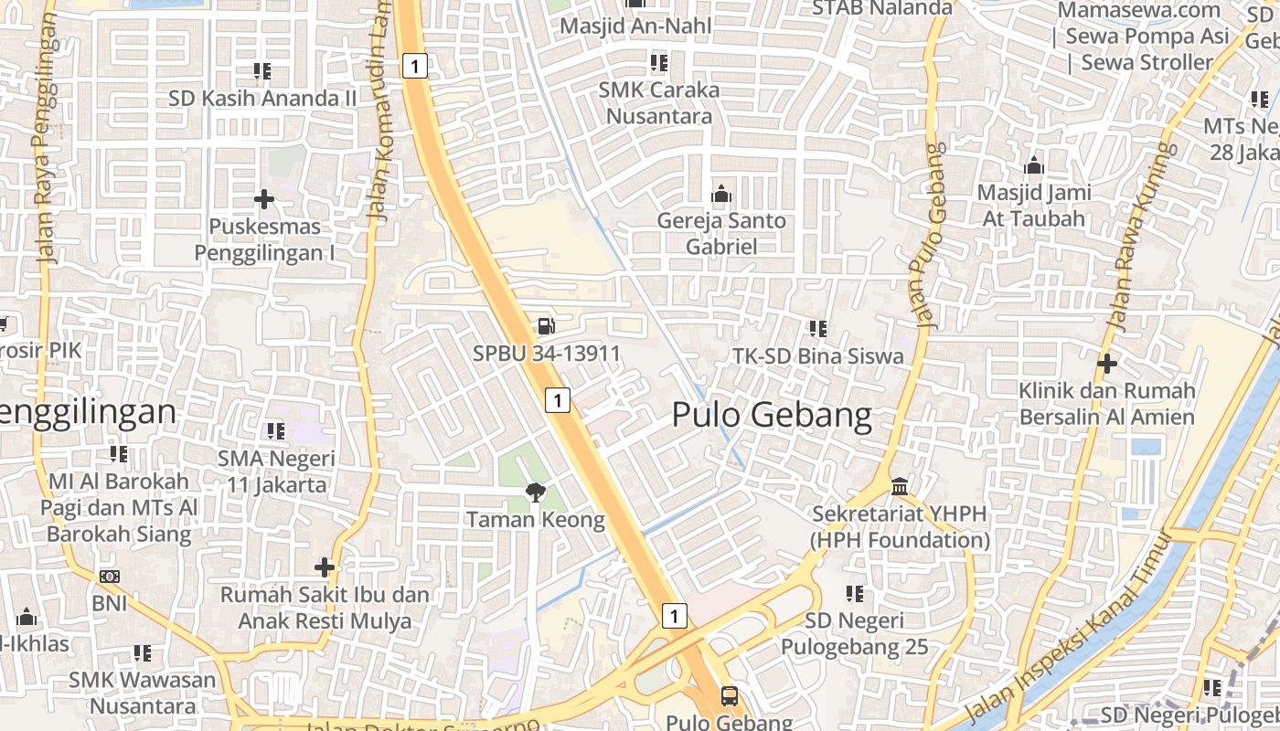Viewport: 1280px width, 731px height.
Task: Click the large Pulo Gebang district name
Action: [772, 415]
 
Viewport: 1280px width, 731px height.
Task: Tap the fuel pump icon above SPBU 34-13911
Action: [546, 325]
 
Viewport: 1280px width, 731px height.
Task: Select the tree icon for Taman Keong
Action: [535, 493]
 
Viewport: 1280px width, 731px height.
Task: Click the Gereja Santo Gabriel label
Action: [721, 234]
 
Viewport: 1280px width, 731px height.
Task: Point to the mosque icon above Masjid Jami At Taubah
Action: [1034, 165]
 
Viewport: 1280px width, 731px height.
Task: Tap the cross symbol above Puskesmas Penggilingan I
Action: [264, 198]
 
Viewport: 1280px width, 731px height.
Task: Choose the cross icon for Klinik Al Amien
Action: [1107, 364]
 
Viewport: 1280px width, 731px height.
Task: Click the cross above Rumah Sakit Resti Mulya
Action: [324, 567]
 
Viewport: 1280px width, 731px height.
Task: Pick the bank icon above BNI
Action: [110, 577]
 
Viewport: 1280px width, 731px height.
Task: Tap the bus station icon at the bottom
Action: [729, 696]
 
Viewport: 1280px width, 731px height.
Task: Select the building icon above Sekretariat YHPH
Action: [900, 485]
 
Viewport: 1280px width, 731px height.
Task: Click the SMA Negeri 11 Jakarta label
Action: [276, 471]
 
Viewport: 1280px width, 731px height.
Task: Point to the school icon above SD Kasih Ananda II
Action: [262, 70]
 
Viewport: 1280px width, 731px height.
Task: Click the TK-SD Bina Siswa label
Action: [818, 356]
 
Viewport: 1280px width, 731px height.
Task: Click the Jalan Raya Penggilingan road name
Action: [46, 137]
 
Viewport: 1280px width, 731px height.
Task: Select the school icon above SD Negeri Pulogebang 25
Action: [855, 594]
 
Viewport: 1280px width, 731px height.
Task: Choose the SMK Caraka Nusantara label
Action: [659, 103]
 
